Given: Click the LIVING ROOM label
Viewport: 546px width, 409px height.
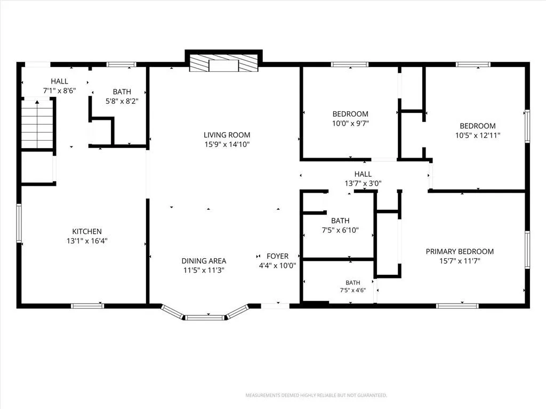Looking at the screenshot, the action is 227,135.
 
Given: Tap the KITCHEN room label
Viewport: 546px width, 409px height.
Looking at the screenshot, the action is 87,231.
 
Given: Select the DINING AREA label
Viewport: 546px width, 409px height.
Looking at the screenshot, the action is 204,261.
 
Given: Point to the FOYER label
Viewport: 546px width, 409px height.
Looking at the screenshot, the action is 277,256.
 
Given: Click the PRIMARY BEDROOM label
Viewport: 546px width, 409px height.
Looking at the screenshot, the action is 460,251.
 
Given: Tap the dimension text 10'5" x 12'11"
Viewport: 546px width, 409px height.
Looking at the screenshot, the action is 478,135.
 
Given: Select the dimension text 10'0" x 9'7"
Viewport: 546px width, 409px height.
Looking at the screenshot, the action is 350,123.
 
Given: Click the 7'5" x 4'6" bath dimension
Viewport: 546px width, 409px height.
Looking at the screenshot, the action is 353,290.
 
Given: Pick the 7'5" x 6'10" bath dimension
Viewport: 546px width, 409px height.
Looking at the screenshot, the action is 340,230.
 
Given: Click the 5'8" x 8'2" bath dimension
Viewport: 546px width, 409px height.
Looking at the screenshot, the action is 122,101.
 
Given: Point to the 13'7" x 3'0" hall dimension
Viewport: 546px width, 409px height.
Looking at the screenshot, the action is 363,183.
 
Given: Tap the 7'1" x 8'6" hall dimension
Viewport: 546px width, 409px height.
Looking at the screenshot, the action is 60,91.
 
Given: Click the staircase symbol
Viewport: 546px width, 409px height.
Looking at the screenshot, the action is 37,124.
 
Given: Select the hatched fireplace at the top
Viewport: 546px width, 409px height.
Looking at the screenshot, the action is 223,63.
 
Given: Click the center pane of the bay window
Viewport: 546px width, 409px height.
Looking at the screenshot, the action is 205,317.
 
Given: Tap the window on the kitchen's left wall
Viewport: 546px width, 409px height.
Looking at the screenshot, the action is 19,223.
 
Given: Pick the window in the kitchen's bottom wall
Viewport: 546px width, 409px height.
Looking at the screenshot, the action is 87,306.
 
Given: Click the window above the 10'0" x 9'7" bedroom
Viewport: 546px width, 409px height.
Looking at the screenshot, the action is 350,64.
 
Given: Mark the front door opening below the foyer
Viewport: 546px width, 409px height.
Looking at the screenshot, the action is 275,306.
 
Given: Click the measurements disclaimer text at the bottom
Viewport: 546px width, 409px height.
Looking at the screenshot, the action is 316,395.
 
